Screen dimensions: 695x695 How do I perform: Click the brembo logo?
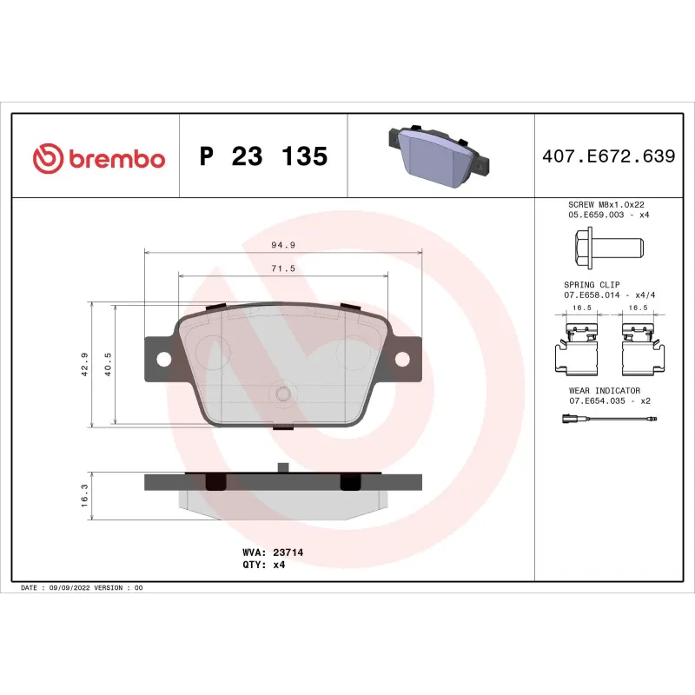[x=98, y=157]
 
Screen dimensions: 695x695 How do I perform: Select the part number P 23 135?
[x=263, y=157]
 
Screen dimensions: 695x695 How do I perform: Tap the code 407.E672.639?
[x=608, y=157]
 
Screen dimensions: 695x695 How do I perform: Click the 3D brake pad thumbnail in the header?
[x=439, y=157]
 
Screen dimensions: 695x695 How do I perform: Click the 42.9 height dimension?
[x=84, y=364]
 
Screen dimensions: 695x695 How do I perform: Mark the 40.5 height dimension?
[x=108, y=364]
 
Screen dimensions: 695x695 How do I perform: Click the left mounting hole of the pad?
[x=162, y=358]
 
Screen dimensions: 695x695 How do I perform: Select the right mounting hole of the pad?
[x=402, y=358]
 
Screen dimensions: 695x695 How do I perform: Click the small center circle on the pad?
[x=282, y=394]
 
